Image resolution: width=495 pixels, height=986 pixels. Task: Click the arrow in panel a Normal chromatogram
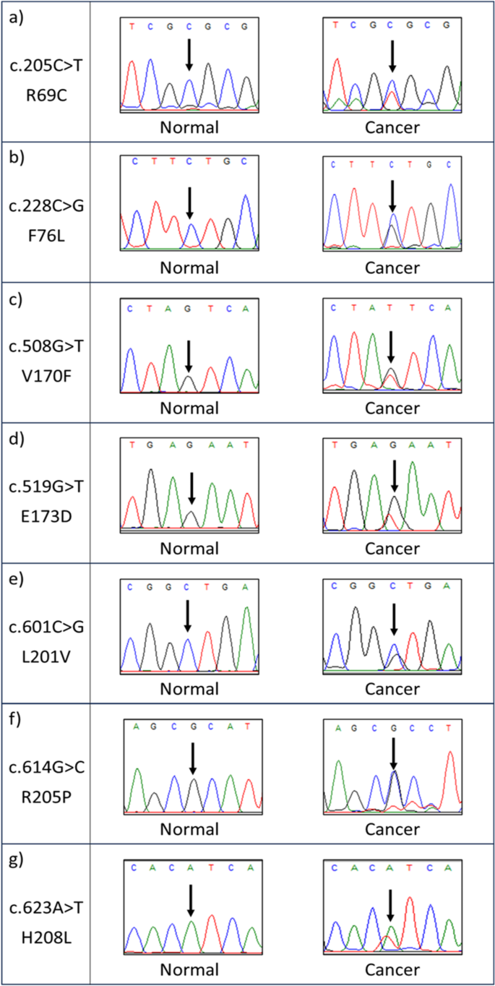[x=189, y=55]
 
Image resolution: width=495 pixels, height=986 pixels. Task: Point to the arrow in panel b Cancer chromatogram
[x=392, y=196]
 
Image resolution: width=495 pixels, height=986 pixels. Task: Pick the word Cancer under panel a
[x=392, y=127]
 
